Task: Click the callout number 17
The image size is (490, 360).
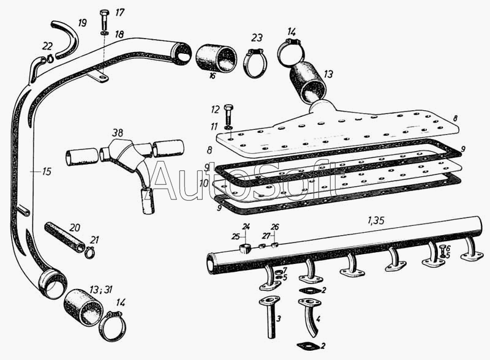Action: (119, 12)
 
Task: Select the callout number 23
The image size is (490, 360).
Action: (257, 38)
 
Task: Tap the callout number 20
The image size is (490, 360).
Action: (74, 227)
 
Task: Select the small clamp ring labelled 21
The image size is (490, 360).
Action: (89, 252)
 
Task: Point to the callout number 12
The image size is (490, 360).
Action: (215, 110)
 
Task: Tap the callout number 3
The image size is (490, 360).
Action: (279, 319)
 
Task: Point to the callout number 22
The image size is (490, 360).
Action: (47, 47)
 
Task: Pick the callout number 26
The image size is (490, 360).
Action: (275, 227)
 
